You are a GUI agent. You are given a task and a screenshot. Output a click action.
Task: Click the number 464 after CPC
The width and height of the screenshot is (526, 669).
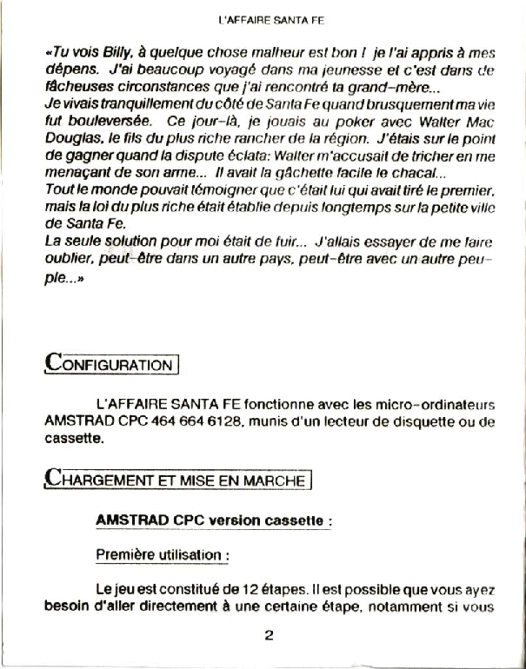click(161, 422)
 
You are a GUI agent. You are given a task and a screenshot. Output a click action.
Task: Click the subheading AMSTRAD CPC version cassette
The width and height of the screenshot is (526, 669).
click(213, 520)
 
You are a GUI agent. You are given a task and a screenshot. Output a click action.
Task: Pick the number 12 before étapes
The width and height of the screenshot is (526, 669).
click(235, 589)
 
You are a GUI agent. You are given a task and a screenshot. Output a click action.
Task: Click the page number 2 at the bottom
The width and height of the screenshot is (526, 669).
click(269, 634)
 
